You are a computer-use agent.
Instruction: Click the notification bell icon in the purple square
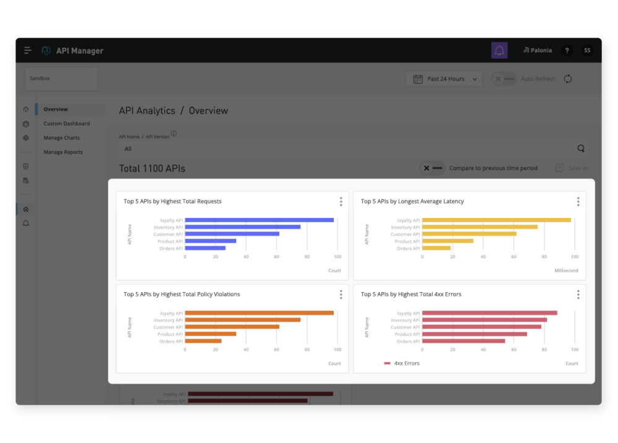499,51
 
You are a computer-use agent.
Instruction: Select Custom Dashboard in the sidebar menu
67,124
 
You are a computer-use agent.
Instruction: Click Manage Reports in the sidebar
63,152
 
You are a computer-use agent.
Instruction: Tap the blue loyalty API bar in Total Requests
259,220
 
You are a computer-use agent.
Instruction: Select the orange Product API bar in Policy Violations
211,334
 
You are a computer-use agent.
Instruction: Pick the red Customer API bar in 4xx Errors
481,327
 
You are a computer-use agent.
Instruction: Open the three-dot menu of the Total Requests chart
341,202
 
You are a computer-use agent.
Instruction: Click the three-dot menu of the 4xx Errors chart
578,295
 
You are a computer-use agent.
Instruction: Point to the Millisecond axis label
567,271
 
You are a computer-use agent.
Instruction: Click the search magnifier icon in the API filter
581,148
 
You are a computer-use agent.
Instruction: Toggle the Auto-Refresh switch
504,79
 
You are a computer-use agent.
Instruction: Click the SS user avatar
587,51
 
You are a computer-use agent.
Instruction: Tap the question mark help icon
567,51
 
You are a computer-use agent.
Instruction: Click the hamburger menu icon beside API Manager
28,51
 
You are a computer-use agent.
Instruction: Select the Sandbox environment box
61,79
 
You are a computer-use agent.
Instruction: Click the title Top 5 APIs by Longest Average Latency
412,202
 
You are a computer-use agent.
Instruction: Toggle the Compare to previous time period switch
432,168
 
